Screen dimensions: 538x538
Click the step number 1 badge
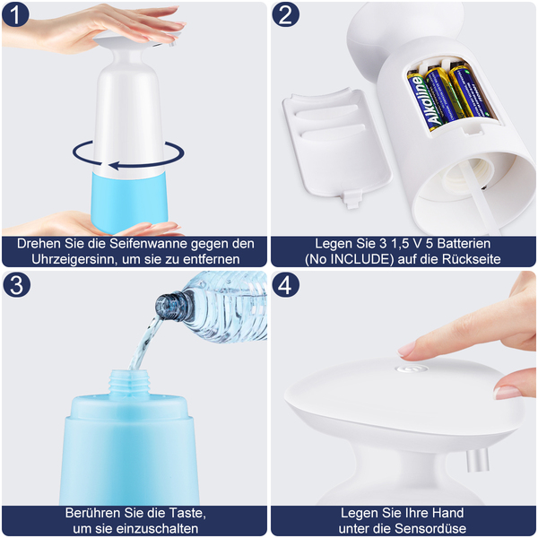tap(15, 14)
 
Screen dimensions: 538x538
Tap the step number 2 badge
tap(285, 14)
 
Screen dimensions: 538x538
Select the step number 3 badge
tap(16, 284)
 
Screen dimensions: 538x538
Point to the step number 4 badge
tap(285, 284)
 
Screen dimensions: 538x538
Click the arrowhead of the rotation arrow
tap(115, 165)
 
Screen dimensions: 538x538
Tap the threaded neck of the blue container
tap(130, 384)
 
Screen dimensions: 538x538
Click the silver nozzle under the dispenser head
tap(478, 460)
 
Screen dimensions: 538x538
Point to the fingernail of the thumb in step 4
tap(507, 392)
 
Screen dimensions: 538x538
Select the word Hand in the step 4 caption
tap(447, 513)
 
